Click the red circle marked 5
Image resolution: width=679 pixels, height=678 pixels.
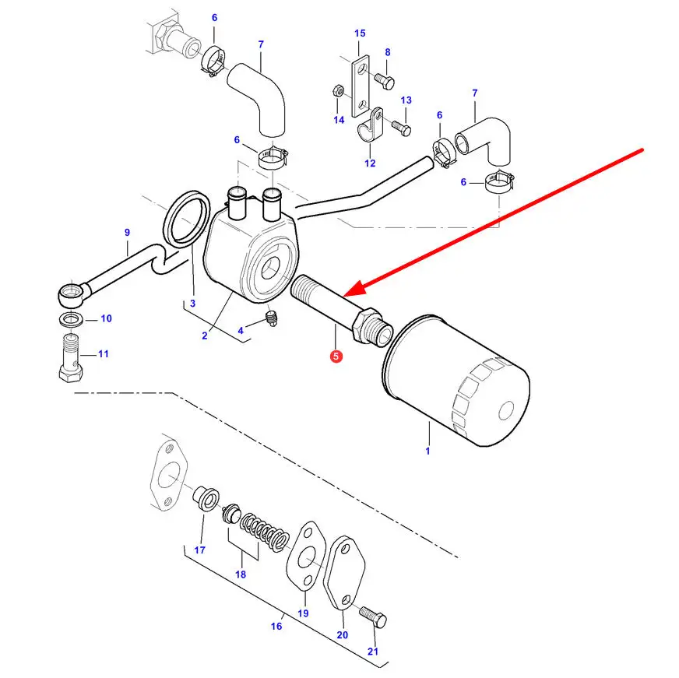(x=336, y=357)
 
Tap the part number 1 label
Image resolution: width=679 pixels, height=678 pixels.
(x=427, y=450)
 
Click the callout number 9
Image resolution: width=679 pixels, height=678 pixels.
(x=127, y=232)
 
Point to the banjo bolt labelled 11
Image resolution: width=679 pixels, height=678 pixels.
(x=70, y=359)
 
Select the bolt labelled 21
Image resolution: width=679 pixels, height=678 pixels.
(x=373, y=619)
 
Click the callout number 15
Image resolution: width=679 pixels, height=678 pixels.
(x=359, y=33)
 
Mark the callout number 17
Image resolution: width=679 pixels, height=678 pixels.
(x=200, y=550)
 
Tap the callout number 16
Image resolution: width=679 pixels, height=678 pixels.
(x=276, y=626)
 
